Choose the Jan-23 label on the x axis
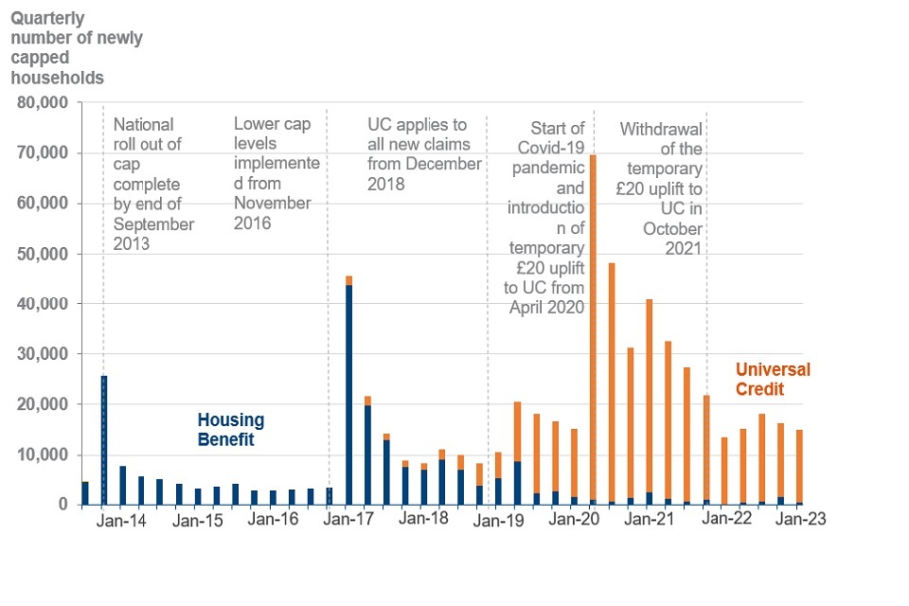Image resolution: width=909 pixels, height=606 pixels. pos(801,520)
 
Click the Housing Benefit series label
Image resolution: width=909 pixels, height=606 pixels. pos(230,430)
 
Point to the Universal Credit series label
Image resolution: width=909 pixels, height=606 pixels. pos(773,379)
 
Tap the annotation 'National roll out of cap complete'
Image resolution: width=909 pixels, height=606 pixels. pos(152,184)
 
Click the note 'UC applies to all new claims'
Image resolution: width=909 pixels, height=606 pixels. pos(424,153)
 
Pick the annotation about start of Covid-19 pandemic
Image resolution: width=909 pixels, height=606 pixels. pos(549,217)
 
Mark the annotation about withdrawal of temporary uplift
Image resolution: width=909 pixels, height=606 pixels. pos(661,188)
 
